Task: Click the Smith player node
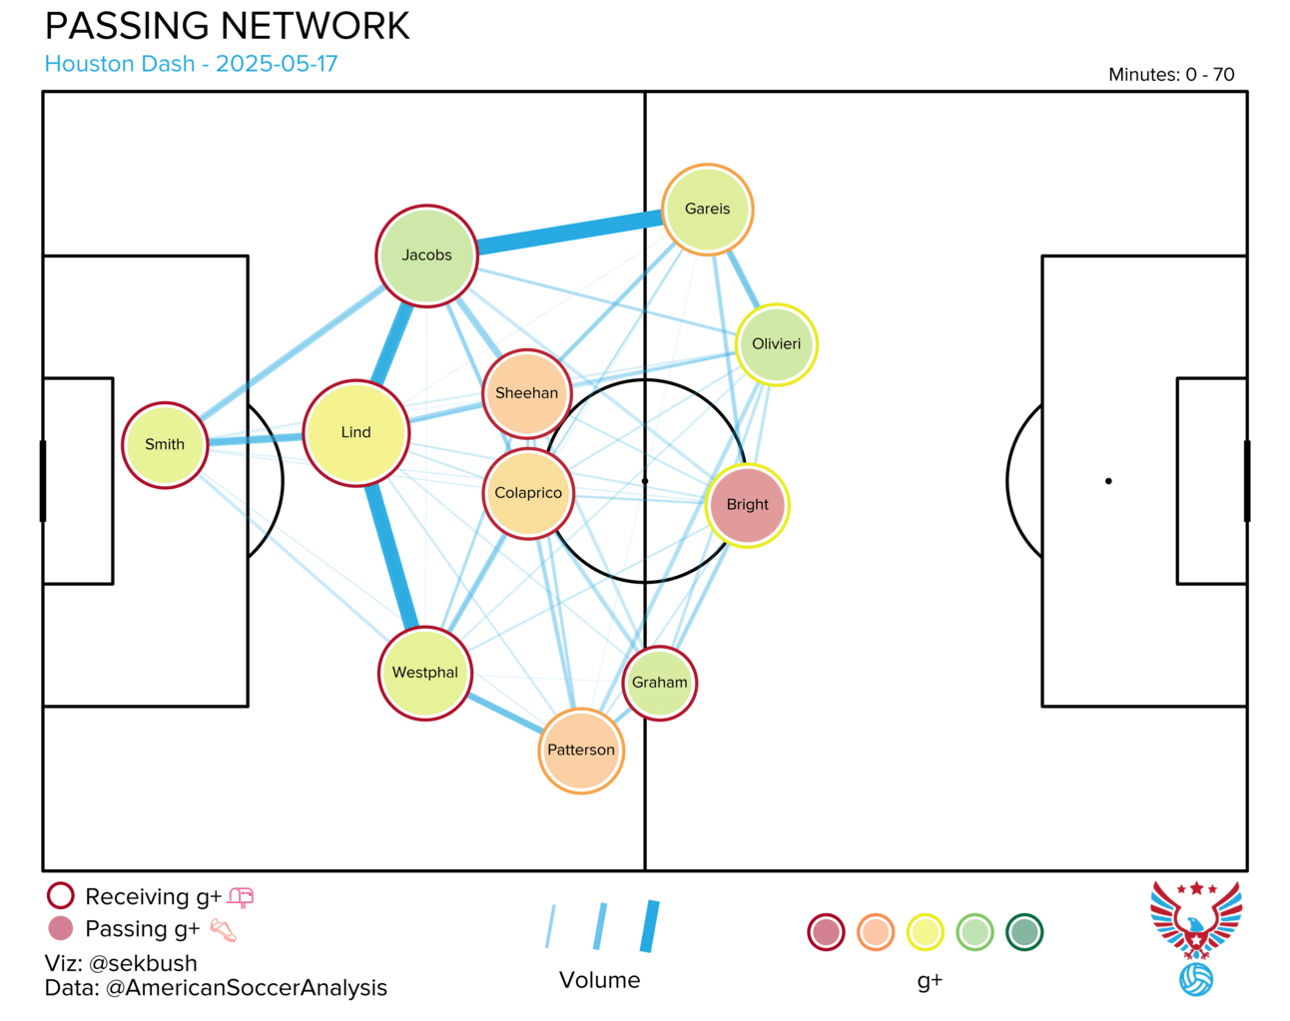[x=165, y=445]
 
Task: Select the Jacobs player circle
[x=426, y=255]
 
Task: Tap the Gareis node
[x=707, y=210]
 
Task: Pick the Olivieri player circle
[x=776, y=344]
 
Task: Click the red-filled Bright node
[x=747, y=505]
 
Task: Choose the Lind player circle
[x=356, y=432]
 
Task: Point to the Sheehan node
[x=527, y=393]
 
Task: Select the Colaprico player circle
[x=528, y=493]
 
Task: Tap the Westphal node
[x=425, y=673]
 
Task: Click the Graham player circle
[x=659, y=683]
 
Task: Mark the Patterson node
[x=581, y=751]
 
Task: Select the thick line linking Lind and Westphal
[x=392, y=556]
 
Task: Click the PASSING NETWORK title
[x=228, y=26]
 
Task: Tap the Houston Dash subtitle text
[x=192, y=64]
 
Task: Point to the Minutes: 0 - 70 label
[x=1171, y=74]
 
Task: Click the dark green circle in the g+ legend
[x=1024, y=932]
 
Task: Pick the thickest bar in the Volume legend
[x=650, y=926]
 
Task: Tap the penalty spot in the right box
[x=1108, y=481]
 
